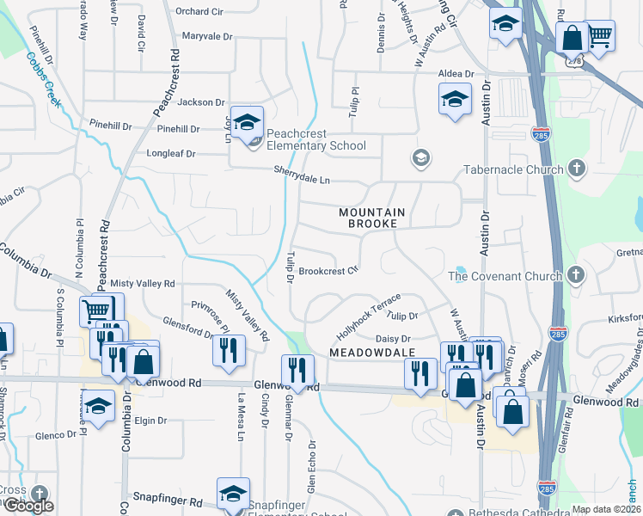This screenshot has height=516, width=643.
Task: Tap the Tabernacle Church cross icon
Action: (x=576, y=169)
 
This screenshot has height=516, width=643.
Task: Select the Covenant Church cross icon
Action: (x=576, y=276)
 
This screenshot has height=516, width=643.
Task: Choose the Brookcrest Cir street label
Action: (x=328, y=271)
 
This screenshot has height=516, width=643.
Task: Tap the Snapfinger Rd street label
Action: (x=167, y=499)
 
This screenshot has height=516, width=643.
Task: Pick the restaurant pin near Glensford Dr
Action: (x=229, y=349)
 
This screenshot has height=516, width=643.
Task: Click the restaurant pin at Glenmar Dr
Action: (x=298, y=370)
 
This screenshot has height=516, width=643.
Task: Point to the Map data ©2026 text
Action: (x=605, y=509)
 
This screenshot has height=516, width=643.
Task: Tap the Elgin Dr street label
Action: (x=150, y=421)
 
